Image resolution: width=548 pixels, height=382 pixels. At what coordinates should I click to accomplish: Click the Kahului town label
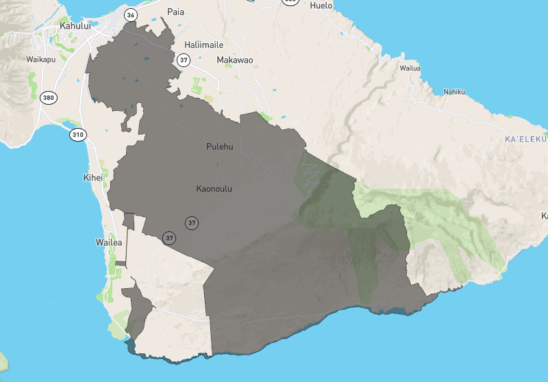[75, 25]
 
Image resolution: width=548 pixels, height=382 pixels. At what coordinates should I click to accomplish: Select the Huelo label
[321, 5]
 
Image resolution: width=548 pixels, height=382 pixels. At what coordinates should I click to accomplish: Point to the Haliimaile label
[204, 44]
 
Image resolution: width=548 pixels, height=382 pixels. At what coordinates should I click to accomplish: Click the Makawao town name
[234, 60]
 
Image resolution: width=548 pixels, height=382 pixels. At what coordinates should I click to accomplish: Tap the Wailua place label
[410, 68]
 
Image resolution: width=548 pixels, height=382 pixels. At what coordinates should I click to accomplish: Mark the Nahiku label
[454, 92]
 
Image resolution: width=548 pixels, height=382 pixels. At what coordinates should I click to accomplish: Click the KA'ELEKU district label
[525, 140]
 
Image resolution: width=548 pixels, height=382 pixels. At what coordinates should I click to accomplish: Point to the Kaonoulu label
[214, 188]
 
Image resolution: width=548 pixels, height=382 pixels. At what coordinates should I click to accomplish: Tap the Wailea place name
[109, 242]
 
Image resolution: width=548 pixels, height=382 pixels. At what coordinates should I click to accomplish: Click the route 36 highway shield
[131, 14]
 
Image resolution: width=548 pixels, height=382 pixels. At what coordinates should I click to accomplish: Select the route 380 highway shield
[47, 97]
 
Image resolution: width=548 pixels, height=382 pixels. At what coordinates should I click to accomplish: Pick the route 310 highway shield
[77, 134]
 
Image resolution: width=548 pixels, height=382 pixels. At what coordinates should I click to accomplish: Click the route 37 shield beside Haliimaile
[183, 60]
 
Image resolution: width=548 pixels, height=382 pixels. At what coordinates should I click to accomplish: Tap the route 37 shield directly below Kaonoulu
[192, 222]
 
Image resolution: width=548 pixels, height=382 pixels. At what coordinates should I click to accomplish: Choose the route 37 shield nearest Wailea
[169, 238]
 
